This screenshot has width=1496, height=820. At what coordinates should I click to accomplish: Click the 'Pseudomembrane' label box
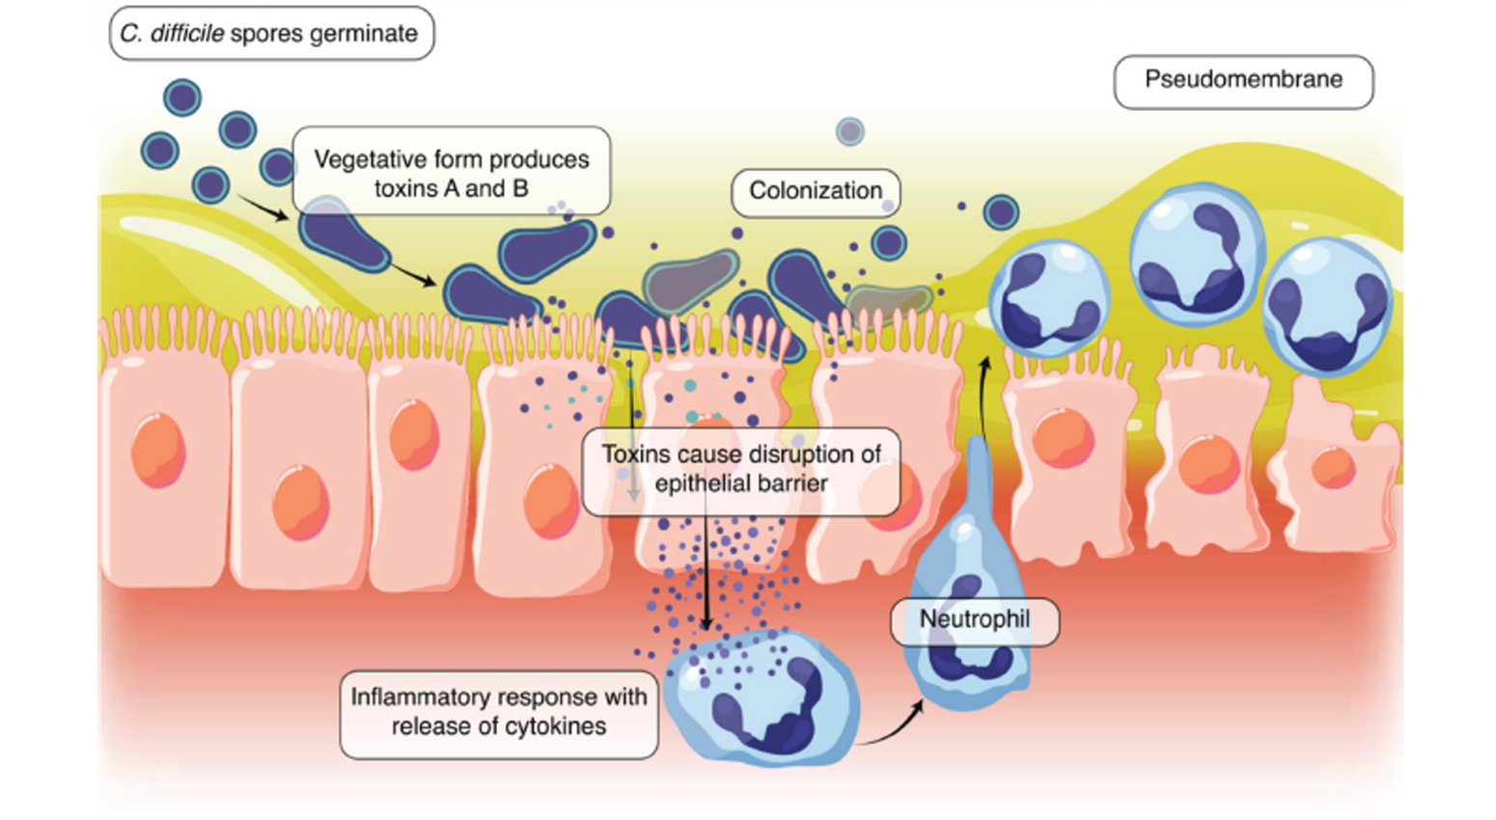[x=1243, y=81]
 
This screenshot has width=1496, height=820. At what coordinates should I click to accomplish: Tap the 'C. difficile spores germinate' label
[x=270, y=34]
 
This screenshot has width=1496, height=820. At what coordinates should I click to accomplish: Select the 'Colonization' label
[x=816, y=191]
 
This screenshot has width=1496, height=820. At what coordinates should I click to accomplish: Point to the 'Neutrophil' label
[x=974, y=620]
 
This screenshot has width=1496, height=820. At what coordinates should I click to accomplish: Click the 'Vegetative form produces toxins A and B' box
[x=451, y=172]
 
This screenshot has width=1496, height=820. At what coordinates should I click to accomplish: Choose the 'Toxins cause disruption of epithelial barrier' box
[x=740, y=470]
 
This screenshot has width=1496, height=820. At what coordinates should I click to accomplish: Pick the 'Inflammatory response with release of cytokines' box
[x=498, y=712]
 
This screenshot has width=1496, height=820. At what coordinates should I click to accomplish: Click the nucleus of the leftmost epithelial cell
[x=158, y=449]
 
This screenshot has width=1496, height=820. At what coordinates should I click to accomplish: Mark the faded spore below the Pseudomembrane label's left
[x=849, y=130]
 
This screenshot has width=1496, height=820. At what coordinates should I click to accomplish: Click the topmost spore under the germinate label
[x=181, y=97]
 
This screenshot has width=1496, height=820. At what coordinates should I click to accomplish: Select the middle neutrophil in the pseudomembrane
[x=1196, y=253]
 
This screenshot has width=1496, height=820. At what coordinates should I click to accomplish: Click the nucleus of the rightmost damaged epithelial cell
[x=1333, y=469]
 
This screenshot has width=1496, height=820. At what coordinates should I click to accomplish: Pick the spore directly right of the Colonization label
[x=1000, y=211]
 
